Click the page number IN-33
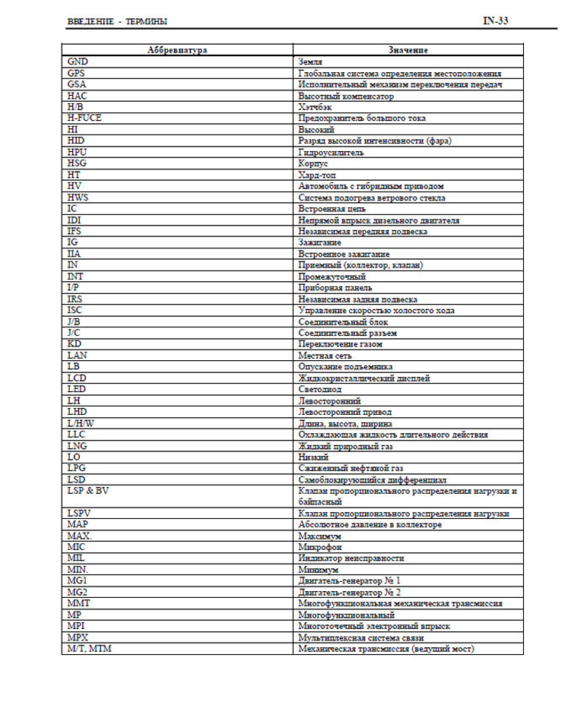coord(495,21)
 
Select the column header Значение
coord(408,49)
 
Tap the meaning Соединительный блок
coord(344,321)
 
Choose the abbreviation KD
coord(74,343)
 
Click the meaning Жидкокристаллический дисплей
coord(365,377)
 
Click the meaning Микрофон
coord(320,546)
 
